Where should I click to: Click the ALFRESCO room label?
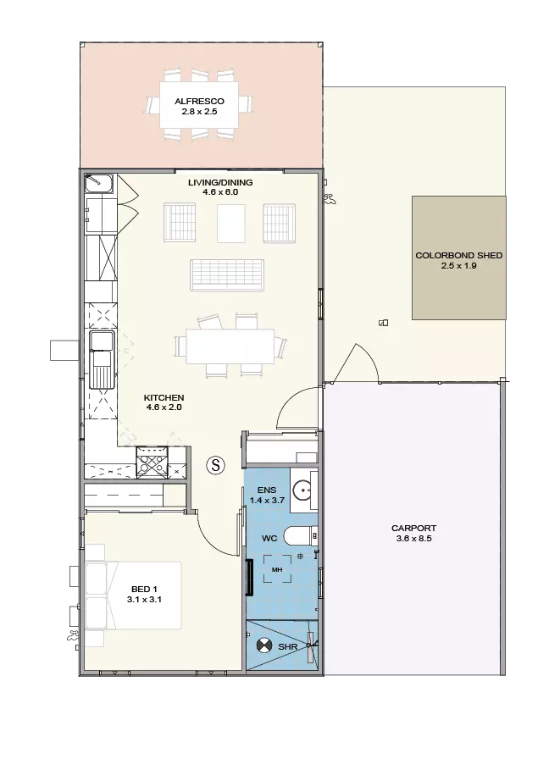point(199,101)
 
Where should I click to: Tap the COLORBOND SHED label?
point(459,255)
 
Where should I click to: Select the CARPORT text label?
point(413,528)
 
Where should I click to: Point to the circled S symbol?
point(216,465)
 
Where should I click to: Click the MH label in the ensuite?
point(277,570)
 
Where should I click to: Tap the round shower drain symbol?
point(263,645)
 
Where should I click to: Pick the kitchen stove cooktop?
point(152,462)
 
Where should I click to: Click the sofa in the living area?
point(227,274)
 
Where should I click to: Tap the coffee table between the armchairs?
point(231,223)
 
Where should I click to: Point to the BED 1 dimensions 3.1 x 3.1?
point(144,599)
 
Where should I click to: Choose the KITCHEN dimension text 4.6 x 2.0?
point(164,407)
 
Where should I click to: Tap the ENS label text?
point(267,490)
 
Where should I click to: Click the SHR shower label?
point(287,646)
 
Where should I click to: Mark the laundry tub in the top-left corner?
point(99,184)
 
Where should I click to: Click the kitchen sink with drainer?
point(102,360)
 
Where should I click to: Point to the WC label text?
point(269,538)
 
